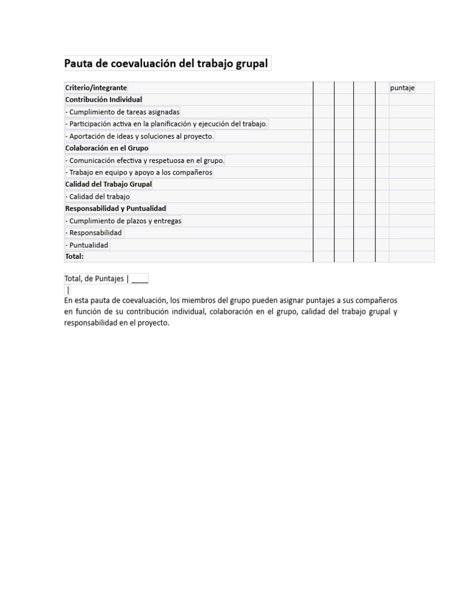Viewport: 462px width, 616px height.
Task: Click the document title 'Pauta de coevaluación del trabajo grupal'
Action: click(x=166, y=64)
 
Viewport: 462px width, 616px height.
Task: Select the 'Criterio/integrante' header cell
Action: click(x=96, y=88)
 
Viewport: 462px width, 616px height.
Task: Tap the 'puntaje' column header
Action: click(x=402, y=88)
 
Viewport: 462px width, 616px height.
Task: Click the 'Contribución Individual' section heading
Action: click(x=103, y=100)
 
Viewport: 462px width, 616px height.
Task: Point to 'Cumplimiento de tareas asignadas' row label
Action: click(x=122, y=112)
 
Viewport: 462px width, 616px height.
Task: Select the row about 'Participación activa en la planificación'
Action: click(x=166, y=124)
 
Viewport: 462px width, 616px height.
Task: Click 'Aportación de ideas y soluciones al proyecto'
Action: click(x=139, y=137)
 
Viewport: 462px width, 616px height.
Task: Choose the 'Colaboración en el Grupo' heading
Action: click(x=106, y=148)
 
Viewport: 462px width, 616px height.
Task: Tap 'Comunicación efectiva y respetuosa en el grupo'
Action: click(x=144, y=161)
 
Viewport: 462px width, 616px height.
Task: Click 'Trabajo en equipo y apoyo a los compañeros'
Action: click(x=138, y=173)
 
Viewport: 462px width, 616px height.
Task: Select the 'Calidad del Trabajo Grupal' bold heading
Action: click(x=108, y=184)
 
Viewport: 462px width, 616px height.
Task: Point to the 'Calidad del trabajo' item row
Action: click(x=97, y=197)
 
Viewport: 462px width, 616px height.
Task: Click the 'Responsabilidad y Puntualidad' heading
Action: click(x=115, y=208)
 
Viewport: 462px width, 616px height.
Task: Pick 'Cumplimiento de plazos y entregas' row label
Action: click(x=123, y=221)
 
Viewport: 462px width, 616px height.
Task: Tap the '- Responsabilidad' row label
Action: click(x=94, y=233)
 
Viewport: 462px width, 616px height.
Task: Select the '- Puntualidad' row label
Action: click(x=87, y=245)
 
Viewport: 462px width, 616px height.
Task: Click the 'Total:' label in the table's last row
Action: click(x=75, y=256)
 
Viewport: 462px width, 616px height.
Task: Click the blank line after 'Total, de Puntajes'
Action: click(x=140, y=279)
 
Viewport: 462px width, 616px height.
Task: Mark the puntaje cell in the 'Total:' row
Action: click(x=411, y=256)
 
